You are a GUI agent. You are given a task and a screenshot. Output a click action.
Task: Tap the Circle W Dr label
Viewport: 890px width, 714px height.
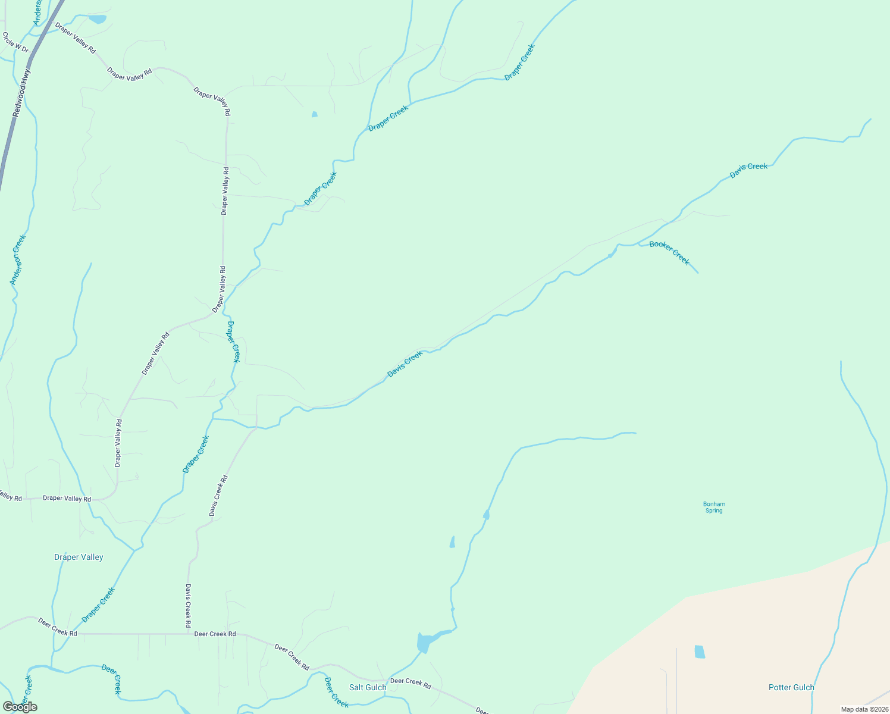click(x=15, y=42)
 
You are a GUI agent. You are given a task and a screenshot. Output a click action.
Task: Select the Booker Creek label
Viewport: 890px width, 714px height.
click(x=669, y=252)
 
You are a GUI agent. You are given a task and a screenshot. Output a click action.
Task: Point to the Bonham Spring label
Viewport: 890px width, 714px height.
click(x=714, y=507)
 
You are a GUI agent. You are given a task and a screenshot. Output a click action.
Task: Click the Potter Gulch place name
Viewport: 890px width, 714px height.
click(x=791, y=687)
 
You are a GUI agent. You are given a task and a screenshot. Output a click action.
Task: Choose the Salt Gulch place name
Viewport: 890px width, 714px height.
click(x=368, y=687)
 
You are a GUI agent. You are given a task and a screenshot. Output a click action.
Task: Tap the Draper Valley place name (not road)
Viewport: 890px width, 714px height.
click(x=79, y=557)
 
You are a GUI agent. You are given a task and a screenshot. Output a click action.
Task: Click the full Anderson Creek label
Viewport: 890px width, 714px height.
click(x=18, y=259)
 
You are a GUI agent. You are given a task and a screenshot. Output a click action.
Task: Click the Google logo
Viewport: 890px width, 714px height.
click(x=20, y=706)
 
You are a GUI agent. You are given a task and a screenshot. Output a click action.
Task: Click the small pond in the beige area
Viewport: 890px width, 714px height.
click(x=700, y=652)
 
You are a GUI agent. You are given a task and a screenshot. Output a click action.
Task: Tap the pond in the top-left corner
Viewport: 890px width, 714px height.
click(x=97, y=19)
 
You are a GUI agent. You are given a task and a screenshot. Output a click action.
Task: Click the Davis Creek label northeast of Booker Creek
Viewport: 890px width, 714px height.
click(x=748, y=170)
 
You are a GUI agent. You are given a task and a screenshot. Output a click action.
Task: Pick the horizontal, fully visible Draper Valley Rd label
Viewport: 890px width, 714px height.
click(x=67, y=499)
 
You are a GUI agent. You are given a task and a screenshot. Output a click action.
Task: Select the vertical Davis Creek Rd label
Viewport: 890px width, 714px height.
click(x=188, y=606)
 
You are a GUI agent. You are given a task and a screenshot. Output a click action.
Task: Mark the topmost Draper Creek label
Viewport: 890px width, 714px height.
click(x=520, y=62)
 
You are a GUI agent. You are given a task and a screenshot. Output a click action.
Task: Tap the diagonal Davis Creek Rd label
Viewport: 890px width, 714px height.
click(x=218, y=495)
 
